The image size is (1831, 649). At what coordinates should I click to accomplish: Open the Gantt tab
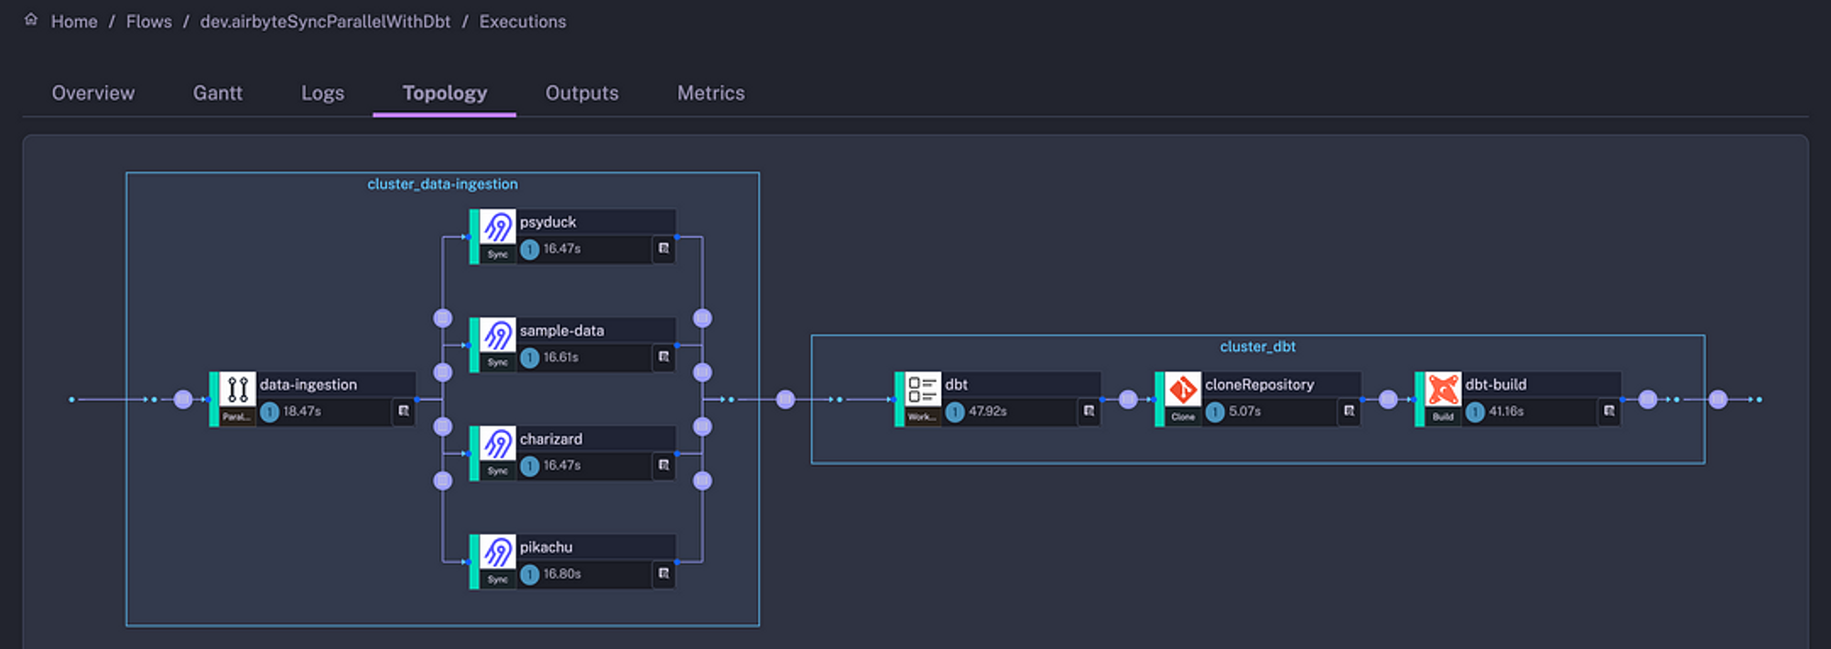click(217, 93)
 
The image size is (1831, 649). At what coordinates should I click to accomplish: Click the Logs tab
click(322, 93)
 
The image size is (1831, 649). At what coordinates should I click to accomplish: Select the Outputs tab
click(581, 93)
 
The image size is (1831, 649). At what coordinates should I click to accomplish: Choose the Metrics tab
click(710, 93)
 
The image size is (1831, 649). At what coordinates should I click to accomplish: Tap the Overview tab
click(92, 93)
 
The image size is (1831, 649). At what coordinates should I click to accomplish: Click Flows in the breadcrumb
click(148, 22)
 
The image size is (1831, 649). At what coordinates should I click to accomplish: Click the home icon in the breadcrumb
click(31, 20)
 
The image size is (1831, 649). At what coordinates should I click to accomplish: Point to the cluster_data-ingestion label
click(442, 184)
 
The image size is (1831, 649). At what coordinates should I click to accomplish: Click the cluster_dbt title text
click(1257, 347)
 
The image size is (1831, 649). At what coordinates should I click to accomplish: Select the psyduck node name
click(547, 222)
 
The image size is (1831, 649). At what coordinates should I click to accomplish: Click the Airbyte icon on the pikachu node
click(498, 552)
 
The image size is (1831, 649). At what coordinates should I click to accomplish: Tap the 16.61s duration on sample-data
click(560, 358)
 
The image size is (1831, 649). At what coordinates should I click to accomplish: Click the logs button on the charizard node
click(664, 466)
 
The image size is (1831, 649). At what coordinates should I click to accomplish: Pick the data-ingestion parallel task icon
click(237, 389)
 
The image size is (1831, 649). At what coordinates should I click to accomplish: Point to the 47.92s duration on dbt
click(987, 412)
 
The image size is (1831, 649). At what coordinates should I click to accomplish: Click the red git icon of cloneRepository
click(1182, 389)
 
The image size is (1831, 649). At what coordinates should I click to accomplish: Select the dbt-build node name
click(1495, 385)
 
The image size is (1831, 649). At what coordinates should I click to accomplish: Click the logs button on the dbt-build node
click(1609, 412)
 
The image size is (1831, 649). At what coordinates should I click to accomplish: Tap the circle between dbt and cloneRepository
click(1128, 400)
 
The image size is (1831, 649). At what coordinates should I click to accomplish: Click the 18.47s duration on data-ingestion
click(301, 412)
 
